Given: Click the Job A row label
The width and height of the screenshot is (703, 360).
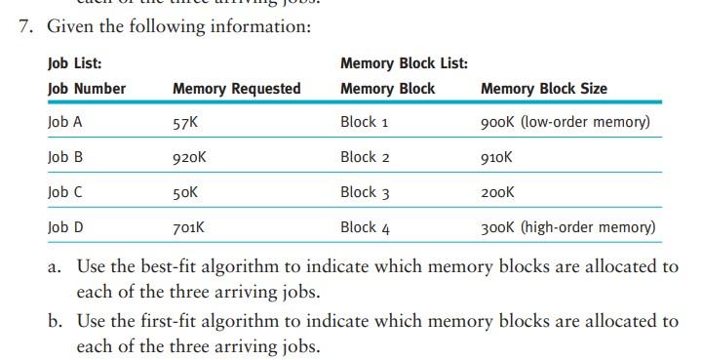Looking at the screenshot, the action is [64, 123].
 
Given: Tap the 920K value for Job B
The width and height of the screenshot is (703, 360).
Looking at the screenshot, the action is [189, 158].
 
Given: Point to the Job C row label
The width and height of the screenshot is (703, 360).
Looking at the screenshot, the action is [64, 192].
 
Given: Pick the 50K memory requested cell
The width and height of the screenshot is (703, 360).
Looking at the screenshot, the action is [185, 192].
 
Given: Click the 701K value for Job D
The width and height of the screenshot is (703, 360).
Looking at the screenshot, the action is [188, 227].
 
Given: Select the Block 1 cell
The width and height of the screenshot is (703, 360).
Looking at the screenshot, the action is [365, 123].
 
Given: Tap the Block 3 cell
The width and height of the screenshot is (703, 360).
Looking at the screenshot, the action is [365, 192].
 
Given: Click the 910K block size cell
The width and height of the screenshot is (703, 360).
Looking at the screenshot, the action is [496, 158].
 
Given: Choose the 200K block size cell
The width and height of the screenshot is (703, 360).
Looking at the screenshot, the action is [497, 192].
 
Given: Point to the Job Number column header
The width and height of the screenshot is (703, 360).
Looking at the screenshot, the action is [87, 89].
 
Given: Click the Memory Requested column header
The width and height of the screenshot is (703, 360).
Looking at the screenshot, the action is [236, 89].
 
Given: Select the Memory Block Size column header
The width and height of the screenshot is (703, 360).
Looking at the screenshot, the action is [543, 89].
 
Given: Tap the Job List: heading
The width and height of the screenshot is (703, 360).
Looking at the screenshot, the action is [74, 64].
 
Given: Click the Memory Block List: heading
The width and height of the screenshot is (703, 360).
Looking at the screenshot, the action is [404, 64].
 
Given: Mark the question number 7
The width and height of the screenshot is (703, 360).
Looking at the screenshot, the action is [26, 26].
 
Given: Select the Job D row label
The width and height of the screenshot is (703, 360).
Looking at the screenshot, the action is [65, 227].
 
